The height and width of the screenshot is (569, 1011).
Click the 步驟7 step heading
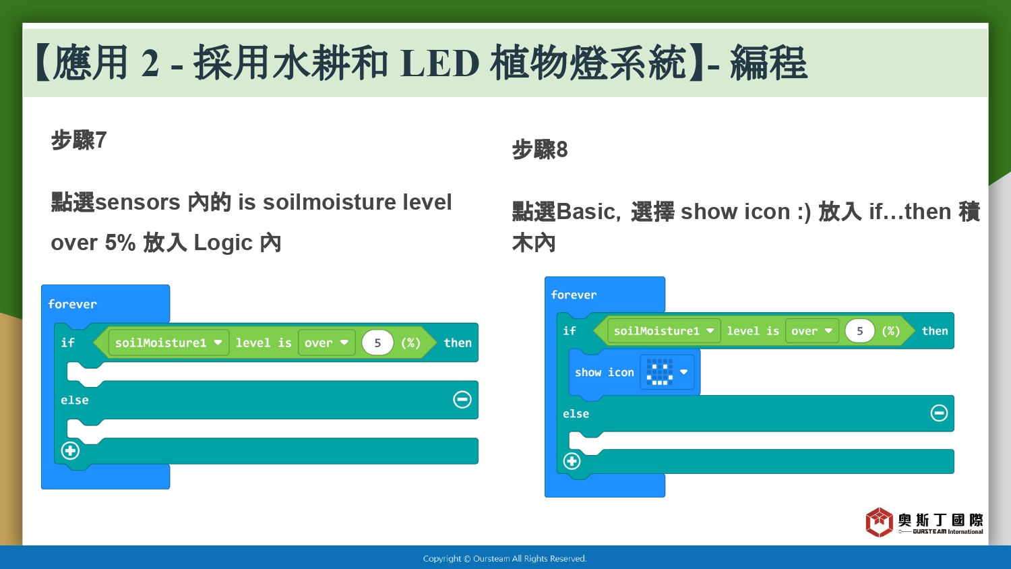(79, 140)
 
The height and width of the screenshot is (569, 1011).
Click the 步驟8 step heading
(540, 150)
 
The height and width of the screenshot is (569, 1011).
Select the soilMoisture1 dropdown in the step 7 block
(168, 342)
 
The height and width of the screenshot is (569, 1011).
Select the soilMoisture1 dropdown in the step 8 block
(664, 331)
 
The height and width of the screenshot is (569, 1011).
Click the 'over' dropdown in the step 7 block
(326, 342)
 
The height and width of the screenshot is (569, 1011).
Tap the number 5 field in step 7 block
(377, 342)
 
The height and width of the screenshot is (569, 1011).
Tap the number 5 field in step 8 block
(860, 331)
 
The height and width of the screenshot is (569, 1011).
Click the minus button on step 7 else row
(462, 400)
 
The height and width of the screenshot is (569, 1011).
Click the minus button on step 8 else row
(940, 413)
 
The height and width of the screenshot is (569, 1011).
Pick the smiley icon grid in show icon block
(660, 372)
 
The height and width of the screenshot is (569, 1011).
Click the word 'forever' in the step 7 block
(72, 304)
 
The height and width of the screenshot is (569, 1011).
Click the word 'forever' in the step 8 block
(574, 295)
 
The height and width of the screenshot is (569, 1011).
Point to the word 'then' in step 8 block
(935, 331)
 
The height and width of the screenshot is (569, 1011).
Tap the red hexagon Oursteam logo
(879, 522)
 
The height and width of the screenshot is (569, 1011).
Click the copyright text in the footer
(505, 559)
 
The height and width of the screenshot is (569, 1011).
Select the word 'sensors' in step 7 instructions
(137, 202)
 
